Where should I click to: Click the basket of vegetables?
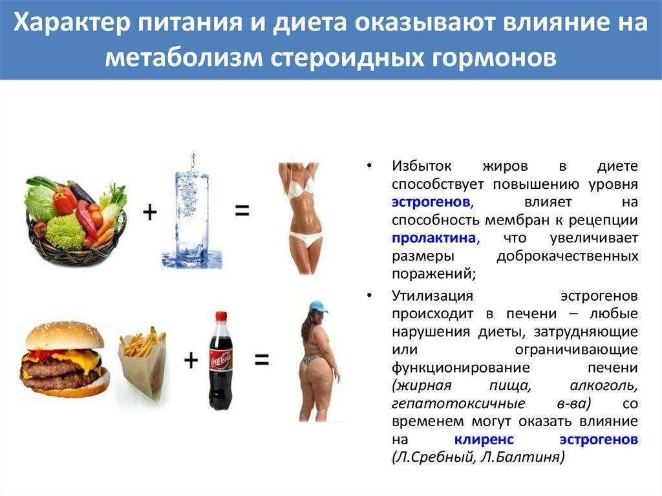[76, 220]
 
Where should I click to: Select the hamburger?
[65, 360]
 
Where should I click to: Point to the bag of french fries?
[142, 364]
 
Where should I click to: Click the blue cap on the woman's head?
[319, 307]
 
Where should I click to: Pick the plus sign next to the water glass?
[150, 211]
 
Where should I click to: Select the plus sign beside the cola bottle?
[191, 360]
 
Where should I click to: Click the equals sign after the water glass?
[242, 210]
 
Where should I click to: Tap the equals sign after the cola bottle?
[262, 360]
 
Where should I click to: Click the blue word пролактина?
[436, 238]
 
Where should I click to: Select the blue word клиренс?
[484, 439]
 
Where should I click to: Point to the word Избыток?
[422, 166]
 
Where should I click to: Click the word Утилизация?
[432, 296]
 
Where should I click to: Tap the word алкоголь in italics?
[604, 385]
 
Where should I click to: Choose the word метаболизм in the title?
[184, 57]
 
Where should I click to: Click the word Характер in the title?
[72, 23]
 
